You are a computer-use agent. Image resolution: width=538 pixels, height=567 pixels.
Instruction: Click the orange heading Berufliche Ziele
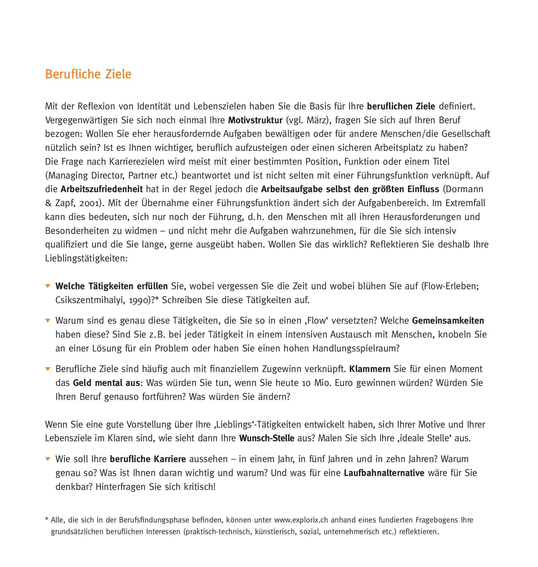click(x=88, y=74)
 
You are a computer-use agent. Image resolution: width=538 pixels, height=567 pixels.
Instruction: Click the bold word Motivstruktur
click(x=255, y=120)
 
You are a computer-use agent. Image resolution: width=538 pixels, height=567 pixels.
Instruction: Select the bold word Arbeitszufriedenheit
click(x=102, y=189)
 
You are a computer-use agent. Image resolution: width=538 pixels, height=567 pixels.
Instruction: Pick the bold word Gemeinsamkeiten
click(x=448, y=321)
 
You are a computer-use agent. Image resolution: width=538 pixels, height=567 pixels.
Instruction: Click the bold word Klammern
click(x=370, y=369)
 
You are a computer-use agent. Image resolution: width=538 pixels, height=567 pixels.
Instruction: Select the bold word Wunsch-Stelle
click(x=267, y=439)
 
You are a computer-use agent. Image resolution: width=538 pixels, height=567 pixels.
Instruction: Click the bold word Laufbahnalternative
click(x=384, y=473)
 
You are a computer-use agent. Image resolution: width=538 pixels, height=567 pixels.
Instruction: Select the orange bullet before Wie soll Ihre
click(x=48, y=459)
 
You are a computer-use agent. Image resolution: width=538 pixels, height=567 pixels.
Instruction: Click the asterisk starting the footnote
click(x=47, y=519)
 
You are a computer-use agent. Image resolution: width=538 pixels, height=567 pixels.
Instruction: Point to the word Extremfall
click(x=465, y=203)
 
